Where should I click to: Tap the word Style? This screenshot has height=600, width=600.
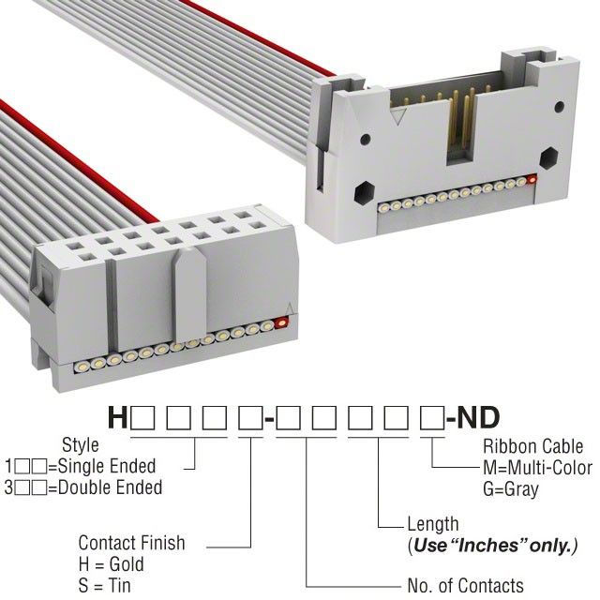[80, 445]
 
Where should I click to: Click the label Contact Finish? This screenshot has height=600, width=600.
[131, 543]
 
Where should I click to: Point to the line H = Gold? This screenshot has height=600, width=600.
[111, 564]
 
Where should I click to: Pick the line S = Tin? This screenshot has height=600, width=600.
[105, 586]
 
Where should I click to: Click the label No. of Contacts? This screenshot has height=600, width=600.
[465, 586]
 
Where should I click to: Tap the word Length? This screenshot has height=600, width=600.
[432, 524]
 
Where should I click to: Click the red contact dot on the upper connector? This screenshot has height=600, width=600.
[532, 178]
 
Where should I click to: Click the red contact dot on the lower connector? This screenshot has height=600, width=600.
[282, 324]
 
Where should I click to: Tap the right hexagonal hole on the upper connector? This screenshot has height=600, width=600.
[548, 155]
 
